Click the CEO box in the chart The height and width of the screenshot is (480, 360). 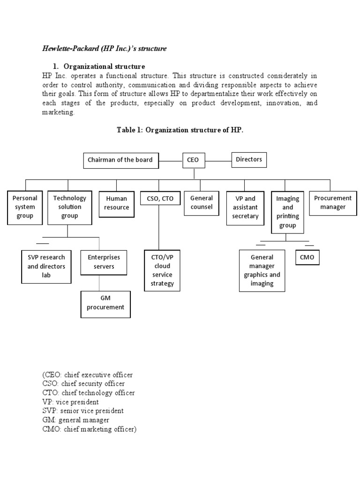tap(193, 160)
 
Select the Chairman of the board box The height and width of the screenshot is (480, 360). tap(120, 160)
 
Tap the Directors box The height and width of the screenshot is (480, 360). tap(249, 160)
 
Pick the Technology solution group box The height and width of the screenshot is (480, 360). tap(67, 207)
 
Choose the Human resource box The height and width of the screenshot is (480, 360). tap(117, 203)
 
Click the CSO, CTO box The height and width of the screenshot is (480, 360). tap(160, 199)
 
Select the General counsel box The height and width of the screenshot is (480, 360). tap(202, 202)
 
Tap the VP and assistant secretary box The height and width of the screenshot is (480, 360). tap(245, 207)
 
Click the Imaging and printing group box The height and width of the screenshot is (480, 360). tap(288, 212)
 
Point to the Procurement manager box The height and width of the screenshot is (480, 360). tap(333, 202)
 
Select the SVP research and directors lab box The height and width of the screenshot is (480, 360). tap(46, 266)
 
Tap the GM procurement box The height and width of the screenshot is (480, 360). tap(105, 303)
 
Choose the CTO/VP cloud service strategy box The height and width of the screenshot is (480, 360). tap(162, 270)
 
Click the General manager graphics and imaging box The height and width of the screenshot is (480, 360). tap(262, 270)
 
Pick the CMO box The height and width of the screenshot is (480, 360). tap(307, 257)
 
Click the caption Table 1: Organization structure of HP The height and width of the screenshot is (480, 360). tap(180, 130)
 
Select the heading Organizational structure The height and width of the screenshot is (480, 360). tap(104, 66)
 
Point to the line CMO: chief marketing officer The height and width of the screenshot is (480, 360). tap(89, 428)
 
